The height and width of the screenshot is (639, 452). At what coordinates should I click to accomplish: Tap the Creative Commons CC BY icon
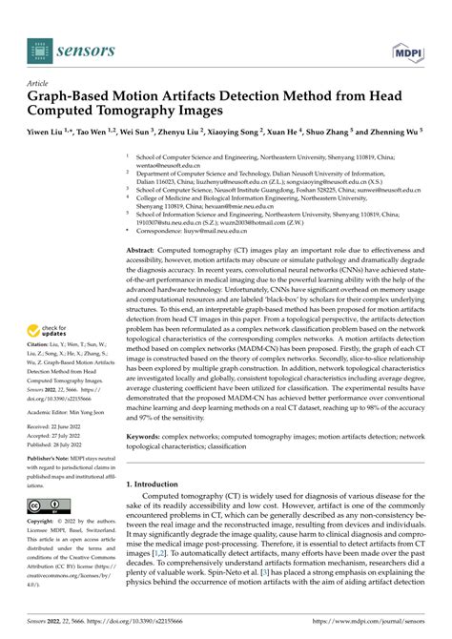pyautogui.click(x=48, y=505)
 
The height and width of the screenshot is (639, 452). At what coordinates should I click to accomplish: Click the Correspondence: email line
pyautogui.click(x=210, y=230)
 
